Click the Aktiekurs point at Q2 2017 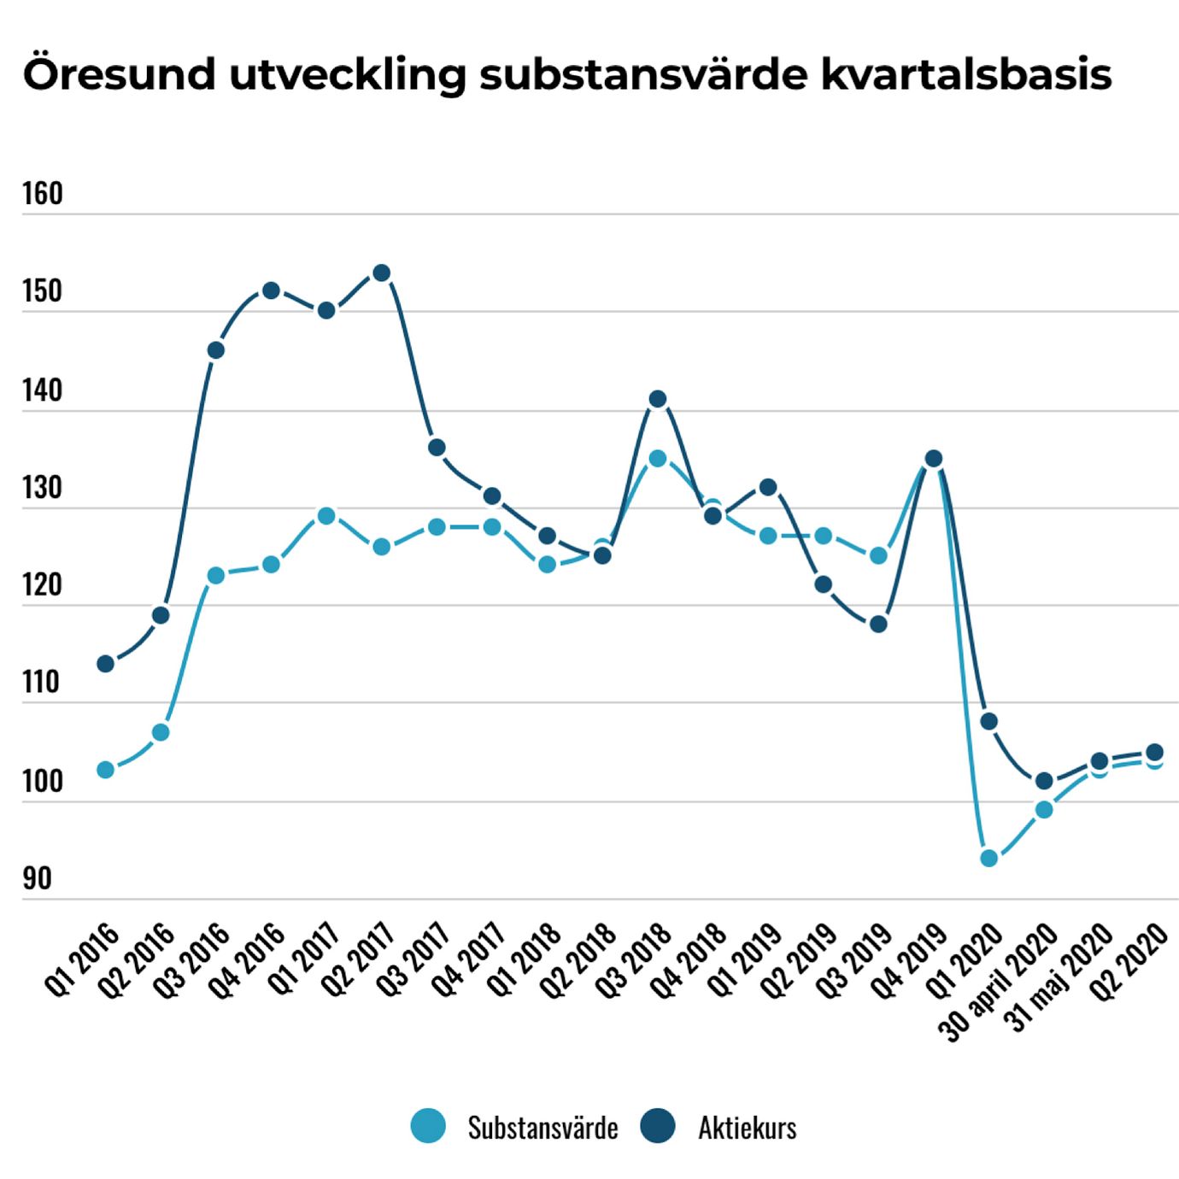[382, 273]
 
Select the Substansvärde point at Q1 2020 [988, 858]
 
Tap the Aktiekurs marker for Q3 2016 [216, 350]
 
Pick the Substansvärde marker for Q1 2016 [106, 770]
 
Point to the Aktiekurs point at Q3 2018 [658, 399]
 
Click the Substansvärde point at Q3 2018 [658, 459]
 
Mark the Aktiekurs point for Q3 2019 [878, 624]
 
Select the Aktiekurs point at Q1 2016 [106, 664]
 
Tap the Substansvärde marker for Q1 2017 [326, 516]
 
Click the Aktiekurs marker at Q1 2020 [988, 722]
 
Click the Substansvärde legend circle [428, 1127]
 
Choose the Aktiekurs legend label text [747, 1128]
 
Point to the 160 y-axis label [43, 194]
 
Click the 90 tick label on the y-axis [37, 878]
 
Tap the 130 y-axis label [43, 488]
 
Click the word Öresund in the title [119, 73]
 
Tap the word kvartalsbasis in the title [966, 73]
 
